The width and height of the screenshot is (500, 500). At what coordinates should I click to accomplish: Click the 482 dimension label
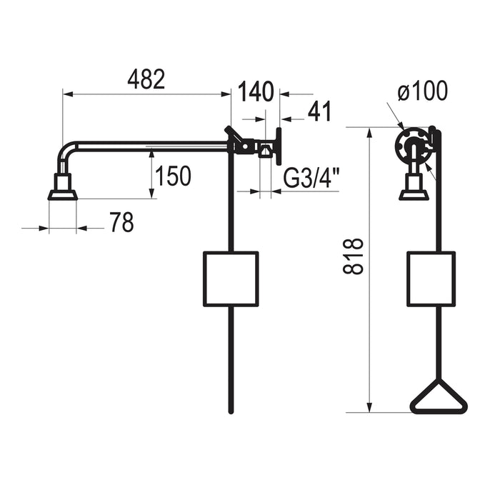(146, 79)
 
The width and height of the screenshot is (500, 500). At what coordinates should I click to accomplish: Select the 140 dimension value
(256, 92)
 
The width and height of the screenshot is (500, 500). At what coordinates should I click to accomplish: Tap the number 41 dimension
(319, 111)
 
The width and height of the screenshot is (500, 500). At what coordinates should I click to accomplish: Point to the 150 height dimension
(173, 176)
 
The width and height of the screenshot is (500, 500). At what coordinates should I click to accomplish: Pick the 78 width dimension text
(122, 222)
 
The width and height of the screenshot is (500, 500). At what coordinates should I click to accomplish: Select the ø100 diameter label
(423, 91)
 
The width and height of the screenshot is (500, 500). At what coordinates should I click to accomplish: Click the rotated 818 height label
(354, 256)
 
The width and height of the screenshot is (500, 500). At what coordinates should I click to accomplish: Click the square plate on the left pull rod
(231, 279)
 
